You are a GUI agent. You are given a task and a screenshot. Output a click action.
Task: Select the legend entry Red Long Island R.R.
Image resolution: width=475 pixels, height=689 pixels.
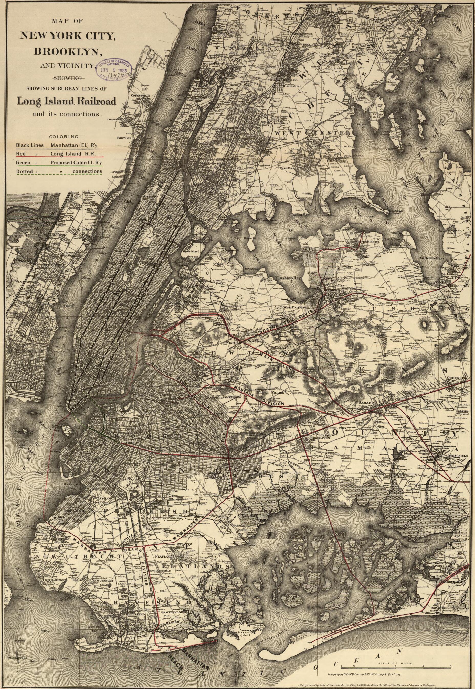(59, 154)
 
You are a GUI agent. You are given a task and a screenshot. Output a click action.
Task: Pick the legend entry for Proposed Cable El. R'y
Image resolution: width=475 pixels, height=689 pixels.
(59, 163)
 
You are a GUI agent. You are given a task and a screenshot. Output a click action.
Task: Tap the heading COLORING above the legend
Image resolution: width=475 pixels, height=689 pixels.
(64, 137)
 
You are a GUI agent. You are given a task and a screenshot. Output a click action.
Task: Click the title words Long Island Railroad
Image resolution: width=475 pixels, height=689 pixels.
(66, 101)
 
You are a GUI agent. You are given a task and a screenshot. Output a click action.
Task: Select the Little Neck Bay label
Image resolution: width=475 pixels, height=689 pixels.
(431, 258)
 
